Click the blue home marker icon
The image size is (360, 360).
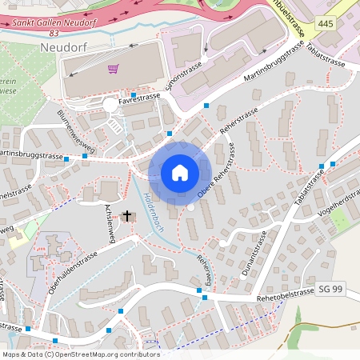pos(180,172)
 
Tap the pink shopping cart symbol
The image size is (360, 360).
pos(113,70)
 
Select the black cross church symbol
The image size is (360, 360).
pos(126,215)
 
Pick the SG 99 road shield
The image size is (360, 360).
pos(330,288)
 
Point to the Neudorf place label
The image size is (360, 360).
pos(62,48)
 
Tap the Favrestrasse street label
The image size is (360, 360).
pos(139,99)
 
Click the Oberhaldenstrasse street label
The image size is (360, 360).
pos(71,271)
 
